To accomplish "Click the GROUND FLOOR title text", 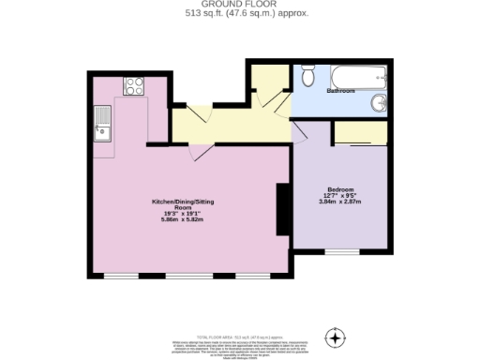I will [x=241, y=5].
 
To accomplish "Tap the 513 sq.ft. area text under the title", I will [x=241, y=14].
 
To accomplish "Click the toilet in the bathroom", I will [x=307, y=79].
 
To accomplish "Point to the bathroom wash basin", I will [x=377, y=102].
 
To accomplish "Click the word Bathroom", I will [x=339, y=91].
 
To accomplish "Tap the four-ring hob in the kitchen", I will [x=132, y=86].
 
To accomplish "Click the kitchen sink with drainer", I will [x=101, y=123].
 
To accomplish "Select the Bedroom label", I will [x=339, y=189].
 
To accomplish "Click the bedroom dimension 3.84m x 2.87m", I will [x=339, y=202].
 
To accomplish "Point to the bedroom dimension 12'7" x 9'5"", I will [x=339, y=195].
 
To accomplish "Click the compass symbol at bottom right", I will [x=335, y=337].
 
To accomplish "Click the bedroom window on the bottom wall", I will [x=341, y=252].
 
